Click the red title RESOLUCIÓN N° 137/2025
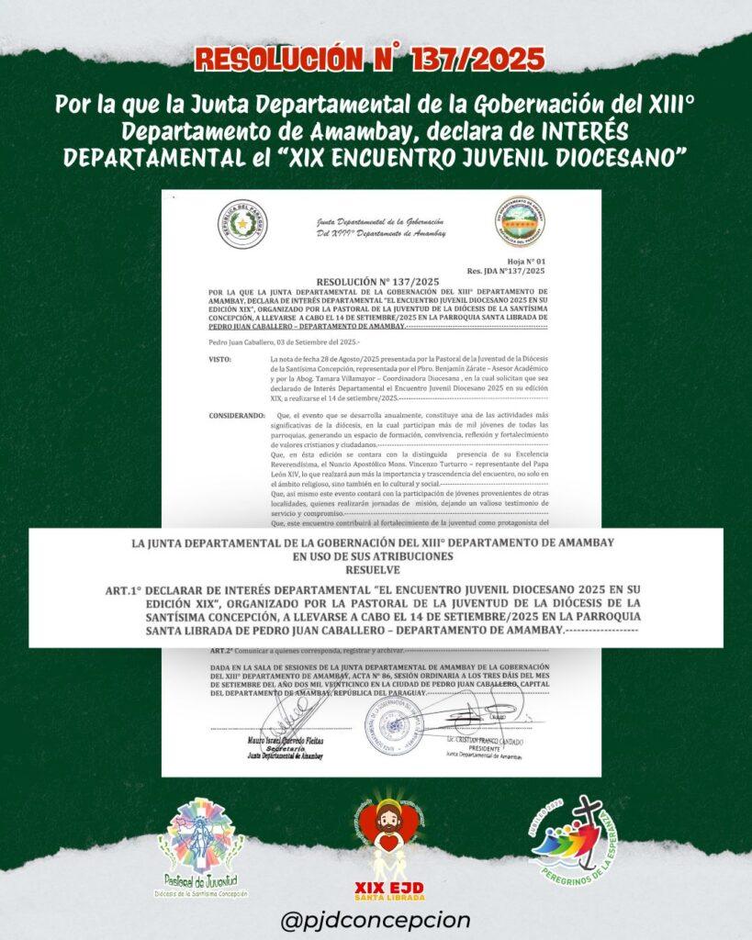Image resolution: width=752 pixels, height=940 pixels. tap(375, 61)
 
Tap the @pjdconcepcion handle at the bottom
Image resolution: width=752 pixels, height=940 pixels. tap(376, 919)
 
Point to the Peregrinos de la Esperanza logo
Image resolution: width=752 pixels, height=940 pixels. tap(560, 845)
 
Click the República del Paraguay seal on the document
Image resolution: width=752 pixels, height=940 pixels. tap(242, 226)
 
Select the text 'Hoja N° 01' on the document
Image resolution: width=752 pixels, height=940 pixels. tap(525, 262)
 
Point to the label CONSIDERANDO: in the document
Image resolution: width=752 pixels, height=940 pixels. tap(236, 416)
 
